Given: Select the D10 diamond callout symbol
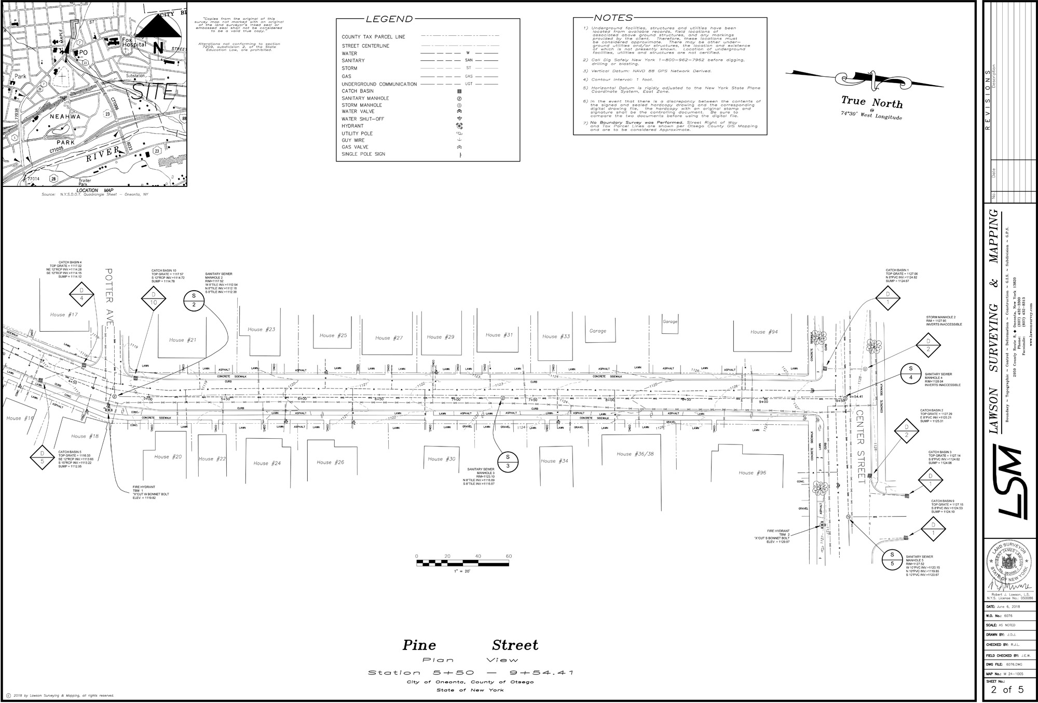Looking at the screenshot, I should [153, 299].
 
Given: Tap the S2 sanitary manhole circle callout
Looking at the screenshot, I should [194, 300].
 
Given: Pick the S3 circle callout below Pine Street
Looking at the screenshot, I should [508, 461].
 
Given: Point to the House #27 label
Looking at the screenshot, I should [389, 338].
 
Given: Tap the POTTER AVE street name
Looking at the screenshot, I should [109, 297].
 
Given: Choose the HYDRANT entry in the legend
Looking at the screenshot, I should [353, 126].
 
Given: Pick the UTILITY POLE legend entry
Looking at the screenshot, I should [357, 133].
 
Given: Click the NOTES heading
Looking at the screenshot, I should [613, 18].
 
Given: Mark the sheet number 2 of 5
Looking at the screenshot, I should [1006, 690].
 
